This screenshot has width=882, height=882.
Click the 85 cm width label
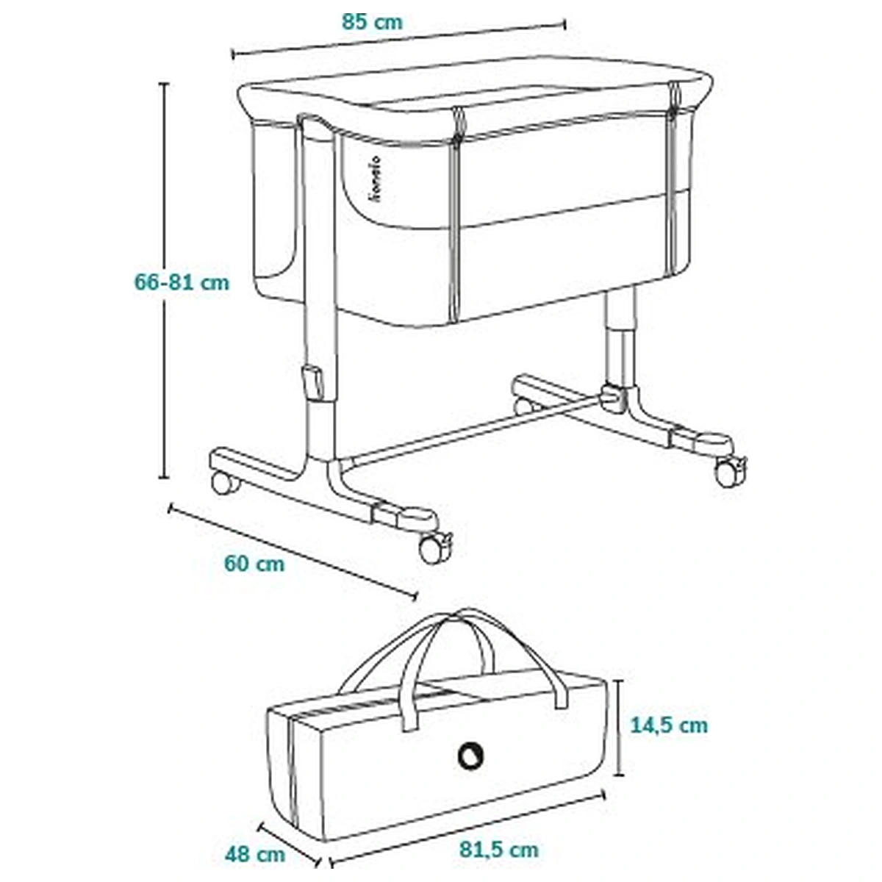click(x=373, y=21)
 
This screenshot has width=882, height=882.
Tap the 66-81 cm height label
click(x=182, y=282)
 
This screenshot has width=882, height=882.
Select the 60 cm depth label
click(x=254, y=564)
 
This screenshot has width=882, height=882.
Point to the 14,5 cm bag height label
click(x=670, y=725)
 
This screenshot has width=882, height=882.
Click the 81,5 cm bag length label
click(x=499, y=850)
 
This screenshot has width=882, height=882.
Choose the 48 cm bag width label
click(x=255, y=854)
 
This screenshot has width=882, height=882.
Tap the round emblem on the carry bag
click(x=470, y=755)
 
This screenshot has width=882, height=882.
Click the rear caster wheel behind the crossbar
click(x=524, y=405)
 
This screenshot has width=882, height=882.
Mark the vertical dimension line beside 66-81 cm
click(x=165, y=279)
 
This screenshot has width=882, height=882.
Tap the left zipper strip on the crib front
click(x=456, y=213)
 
